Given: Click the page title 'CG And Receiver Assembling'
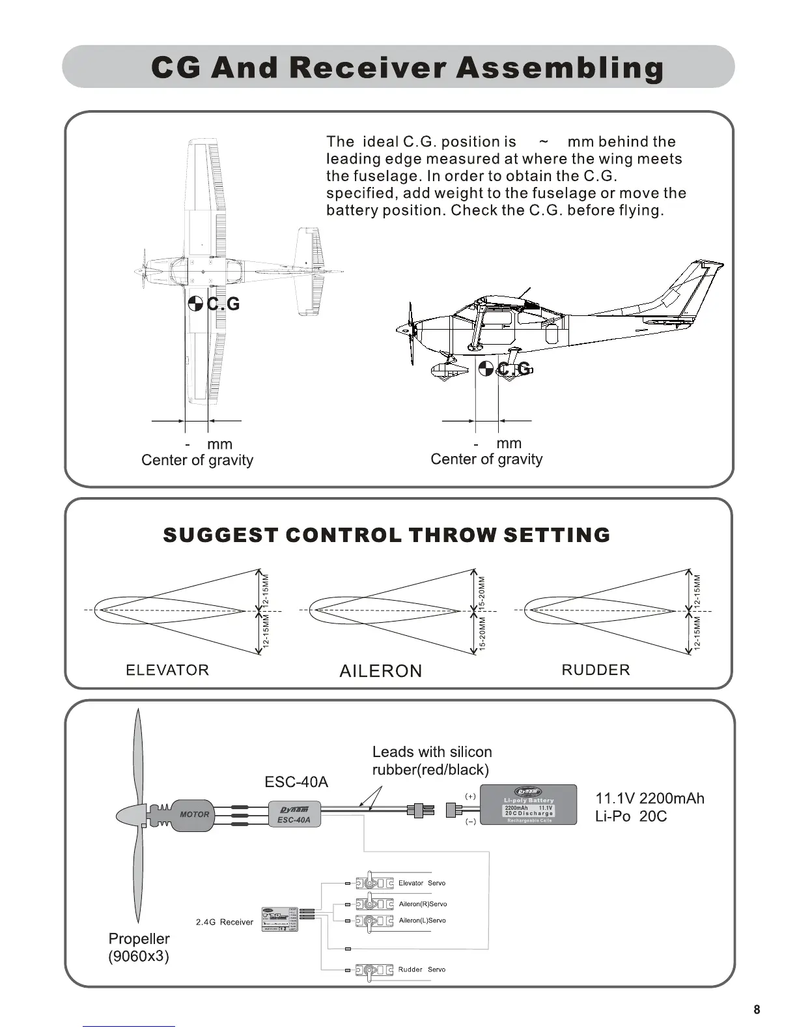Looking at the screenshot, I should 407,68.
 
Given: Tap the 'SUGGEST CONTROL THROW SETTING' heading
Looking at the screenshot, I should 386,535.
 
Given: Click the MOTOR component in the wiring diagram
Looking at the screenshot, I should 193,814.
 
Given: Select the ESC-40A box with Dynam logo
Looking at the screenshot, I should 294,815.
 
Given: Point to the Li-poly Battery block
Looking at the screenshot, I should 528,805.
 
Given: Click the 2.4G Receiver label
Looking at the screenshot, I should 224,922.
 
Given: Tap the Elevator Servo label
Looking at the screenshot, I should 422,883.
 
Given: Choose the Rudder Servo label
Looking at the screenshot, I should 422,969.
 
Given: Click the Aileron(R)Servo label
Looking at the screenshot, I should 423,904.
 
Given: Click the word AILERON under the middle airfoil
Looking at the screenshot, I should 381,671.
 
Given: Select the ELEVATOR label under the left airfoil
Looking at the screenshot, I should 167,670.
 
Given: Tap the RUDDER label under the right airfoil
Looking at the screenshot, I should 596,670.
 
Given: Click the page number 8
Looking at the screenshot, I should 757,1010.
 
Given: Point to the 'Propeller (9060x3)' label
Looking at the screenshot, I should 139,947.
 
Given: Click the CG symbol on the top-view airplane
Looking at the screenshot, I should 195,304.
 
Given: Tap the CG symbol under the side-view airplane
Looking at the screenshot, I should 485,369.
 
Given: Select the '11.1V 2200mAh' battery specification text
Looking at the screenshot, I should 650,799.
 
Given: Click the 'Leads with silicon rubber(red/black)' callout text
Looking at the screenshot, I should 432,761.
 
